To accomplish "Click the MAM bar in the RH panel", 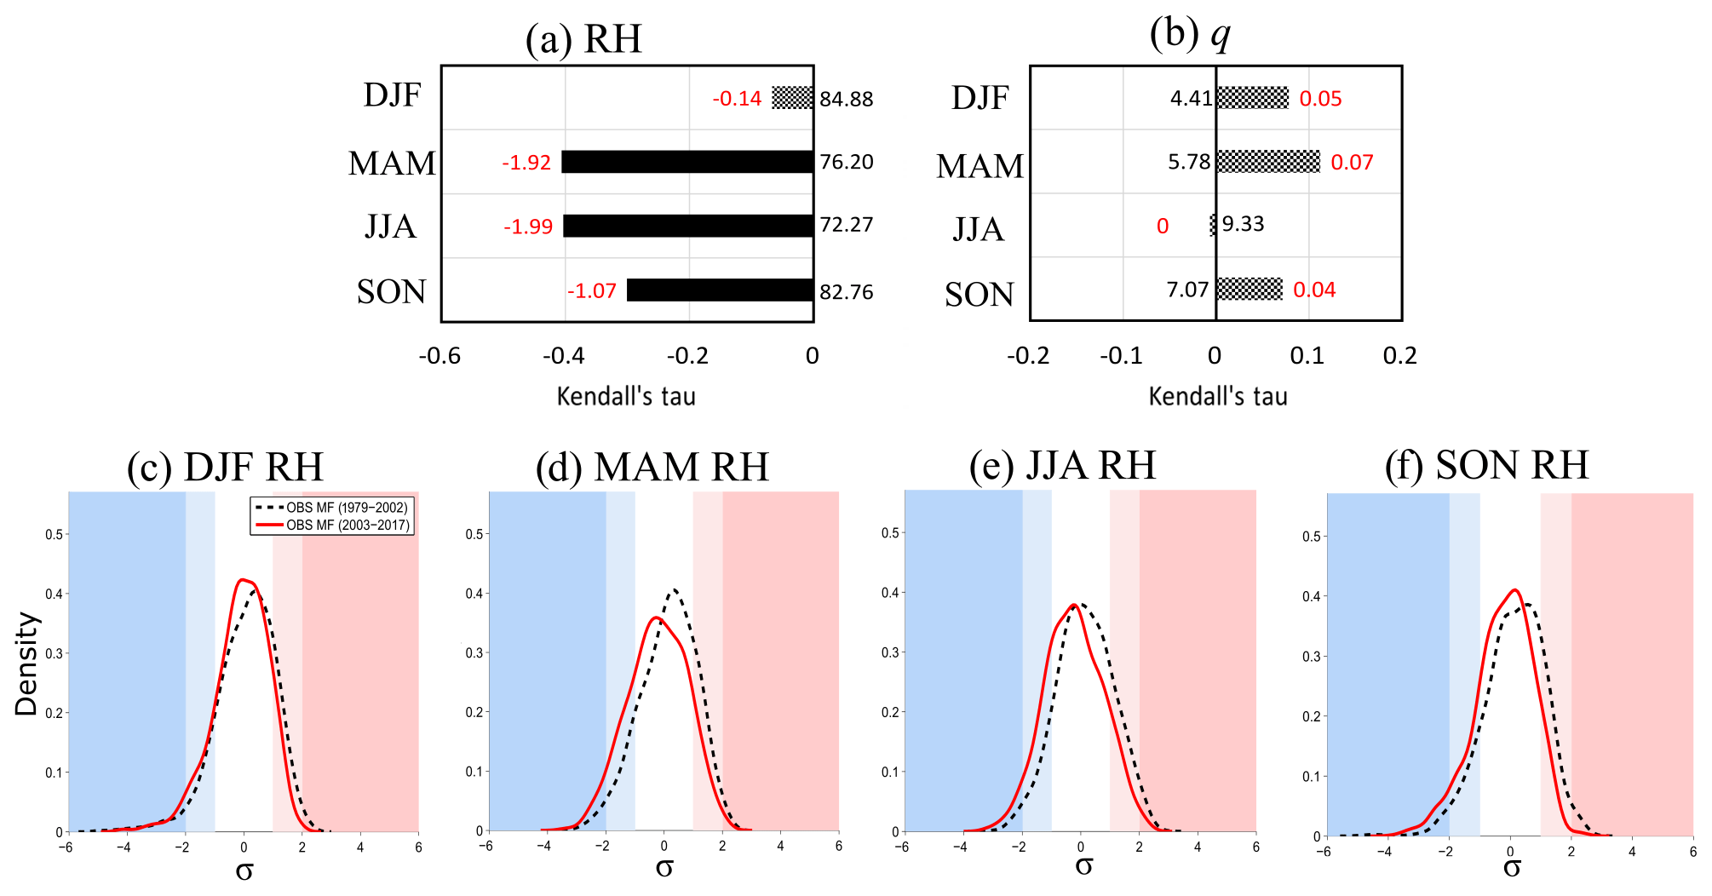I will coord(687,162).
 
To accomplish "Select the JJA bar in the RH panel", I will coord(688,226).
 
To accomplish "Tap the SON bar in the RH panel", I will coord(720,290).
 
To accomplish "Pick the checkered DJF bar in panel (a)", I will coord(792,98).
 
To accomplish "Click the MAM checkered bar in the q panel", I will coord(1268,162).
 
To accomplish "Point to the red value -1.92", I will coord(526,163).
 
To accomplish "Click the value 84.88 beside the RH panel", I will coord(847,99).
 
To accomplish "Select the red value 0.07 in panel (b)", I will coord(1352,163).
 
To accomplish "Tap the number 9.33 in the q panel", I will coord(1243,224).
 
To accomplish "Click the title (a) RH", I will coord(583,39).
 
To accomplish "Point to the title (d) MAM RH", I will coord(652,467).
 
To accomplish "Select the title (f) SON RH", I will coord(1486,465).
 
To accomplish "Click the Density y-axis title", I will coord(26,664).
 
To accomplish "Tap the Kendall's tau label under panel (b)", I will coord(1218,396).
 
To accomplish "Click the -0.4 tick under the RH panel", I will coord(564,356).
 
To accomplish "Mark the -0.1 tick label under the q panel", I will coord(1121,356).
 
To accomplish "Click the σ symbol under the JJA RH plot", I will coord(1083,866).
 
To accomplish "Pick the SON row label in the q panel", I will coord(980,295).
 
